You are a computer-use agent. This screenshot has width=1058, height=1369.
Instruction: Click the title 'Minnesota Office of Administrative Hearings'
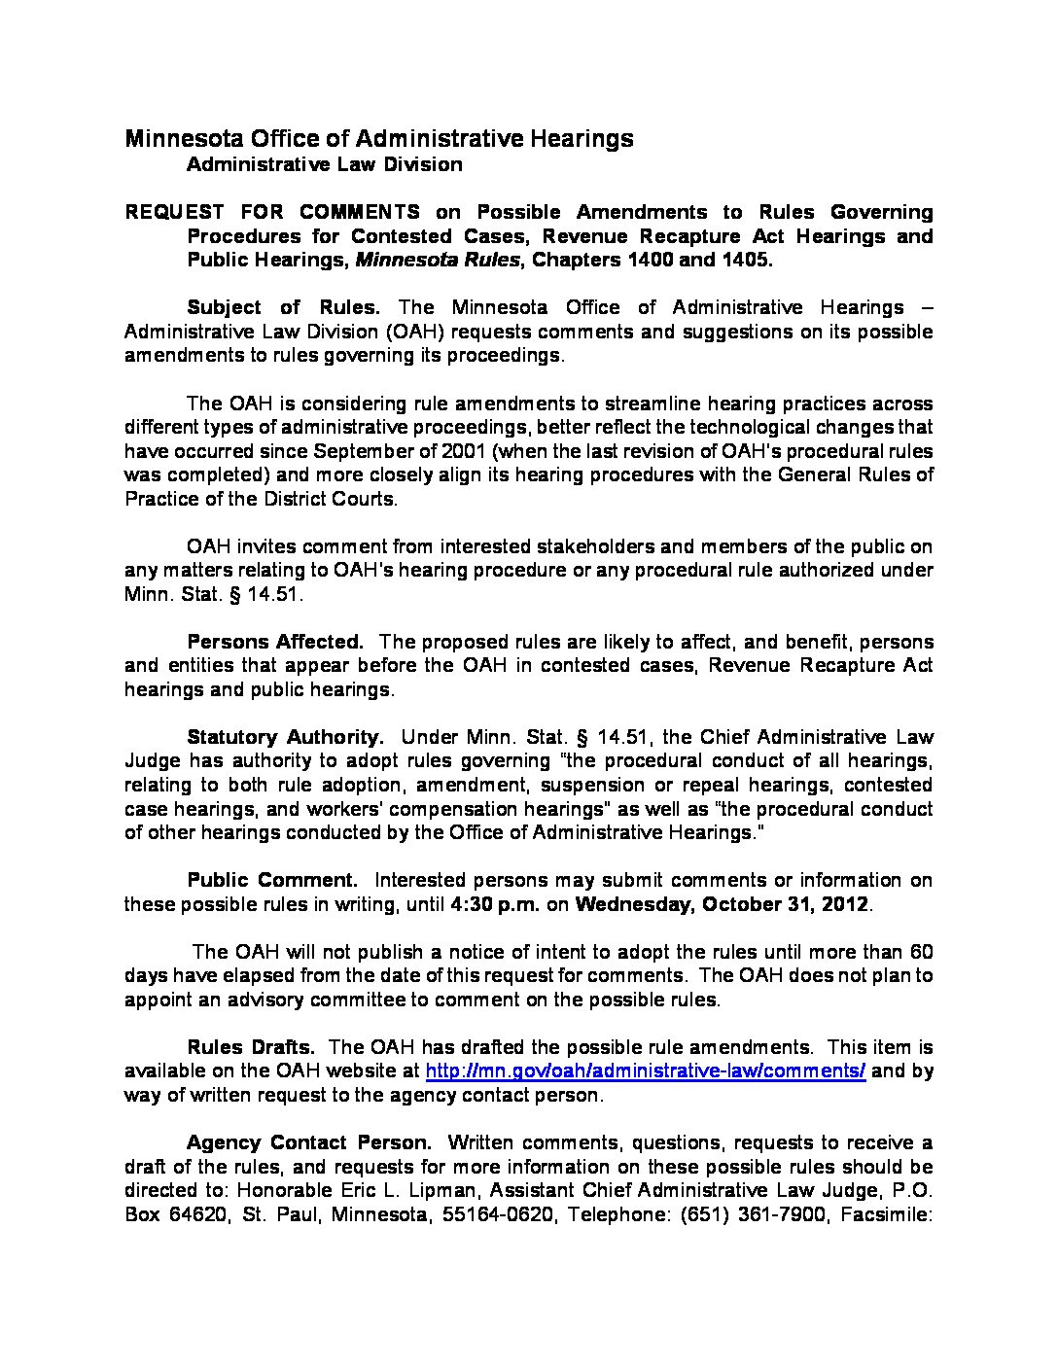tap(379, 138)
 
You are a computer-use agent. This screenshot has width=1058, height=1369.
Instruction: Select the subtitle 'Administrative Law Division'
tap(325, 164)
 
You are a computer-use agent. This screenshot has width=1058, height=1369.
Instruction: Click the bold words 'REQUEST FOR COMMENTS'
tap(273, 212)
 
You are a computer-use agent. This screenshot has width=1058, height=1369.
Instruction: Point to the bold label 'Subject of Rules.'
tap(283, 307)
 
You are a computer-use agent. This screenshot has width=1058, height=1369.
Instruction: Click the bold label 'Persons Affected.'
tap(275, 642)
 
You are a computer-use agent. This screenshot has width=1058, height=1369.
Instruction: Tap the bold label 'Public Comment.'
tap(272, 880)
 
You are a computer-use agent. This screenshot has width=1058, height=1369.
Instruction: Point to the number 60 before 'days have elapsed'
tap(921, 951)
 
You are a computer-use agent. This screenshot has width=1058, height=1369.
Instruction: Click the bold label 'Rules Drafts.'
tap(251, 1047)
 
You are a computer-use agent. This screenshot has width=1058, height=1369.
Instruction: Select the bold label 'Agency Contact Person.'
tap(309, 1142)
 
